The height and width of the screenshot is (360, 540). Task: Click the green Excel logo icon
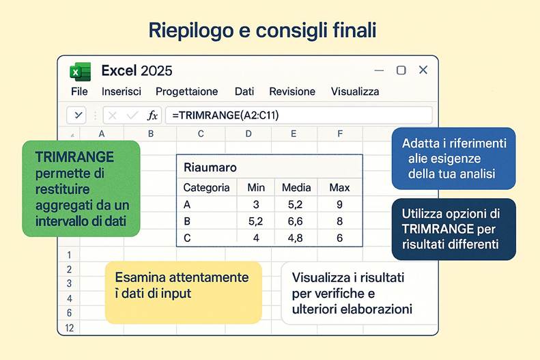pyautogui.click(x=80, y=71)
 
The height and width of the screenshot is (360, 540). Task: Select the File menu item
pyautogui.click(x=79, y=92)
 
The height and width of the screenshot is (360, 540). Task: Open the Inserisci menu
pyautogui.click(x=122, y=92)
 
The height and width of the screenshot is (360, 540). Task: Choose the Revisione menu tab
pyautogui.click(x=292, y=92)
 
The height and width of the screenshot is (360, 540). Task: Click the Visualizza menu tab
pyautogui.click(x=355, y=92)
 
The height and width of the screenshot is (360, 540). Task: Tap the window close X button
pyautogui.click(x=423, y=70)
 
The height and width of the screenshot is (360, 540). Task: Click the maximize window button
pyautogui.click(x=401, y=70)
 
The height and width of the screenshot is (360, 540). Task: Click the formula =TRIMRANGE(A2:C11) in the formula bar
pyautogui.click(x=225, y=115)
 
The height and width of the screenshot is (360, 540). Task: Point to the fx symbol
pyautogui.click(x=152, y=115)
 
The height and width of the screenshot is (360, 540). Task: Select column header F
pyautogui.click(x=340, y=134)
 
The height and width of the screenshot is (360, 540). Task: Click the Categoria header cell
pyautogui.click(x=207, y=187)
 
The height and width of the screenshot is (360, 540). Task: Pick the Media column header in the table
pyautogui.click(x=296, y=187)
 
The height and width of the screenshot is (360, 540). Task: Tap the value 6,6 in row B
pyautogui.click(x=296, y=221)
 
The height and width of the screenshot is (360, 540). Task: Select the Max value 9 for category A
pyautogui.click(x=339, y=204)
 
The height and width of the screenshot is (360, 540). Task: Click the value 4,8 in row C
pyautogui.click(x=296, y=238)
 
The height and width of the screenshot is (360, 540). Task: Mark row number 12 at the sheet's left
pyautogui.click(x=69, y=328)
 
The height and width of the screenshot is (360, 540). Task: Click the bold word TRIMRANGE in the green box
pyautogui.click(x=66, y=158)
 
